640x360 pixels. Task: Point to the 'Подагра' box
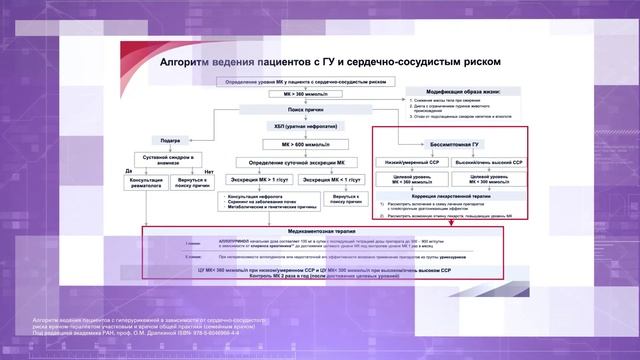click(x=169, y=142)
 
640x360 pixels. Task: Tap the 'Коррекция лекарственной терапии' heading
click(x=445, y=196)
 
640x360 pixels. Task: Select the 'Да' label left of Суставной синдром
click(x=129, y=170)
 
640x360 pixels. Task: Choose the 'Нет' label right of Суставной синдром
click(x=209, y=170)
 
